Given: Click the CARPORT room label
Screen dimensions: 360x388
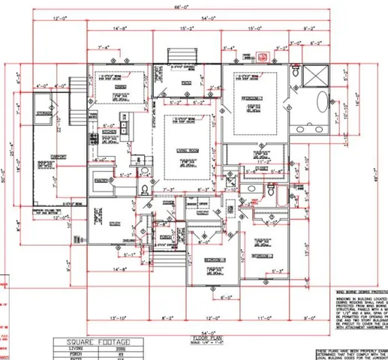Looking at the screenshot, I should coord(58,157).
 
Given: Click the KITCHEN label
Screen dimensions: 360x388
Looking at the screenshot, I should coord(111,132).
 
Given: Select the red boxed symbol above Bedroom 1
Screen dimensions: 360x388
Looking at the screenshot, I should coord(263,55).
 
